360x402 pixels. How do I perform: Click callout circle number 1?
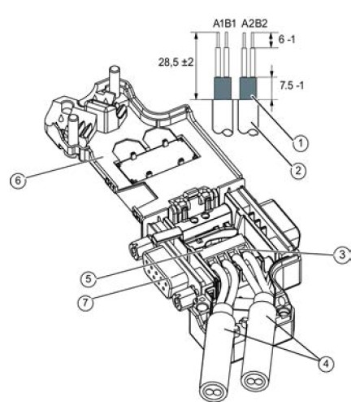301,142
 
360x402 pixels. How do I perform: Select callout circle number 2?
298,171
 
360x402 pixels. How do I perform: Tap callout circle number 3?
342,255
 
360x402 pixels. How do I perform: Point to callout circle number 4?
326,363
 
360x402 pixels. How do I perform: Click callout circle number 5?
89,278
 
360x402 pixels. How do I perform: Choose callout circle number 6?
18,180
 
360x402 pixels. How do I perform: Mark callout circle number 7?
85,302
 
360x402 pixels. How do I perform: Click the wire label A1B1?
223,24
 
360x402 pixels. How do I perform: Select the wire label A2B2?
254,24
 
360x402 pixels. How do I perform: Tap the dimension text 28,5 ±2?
176,63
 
